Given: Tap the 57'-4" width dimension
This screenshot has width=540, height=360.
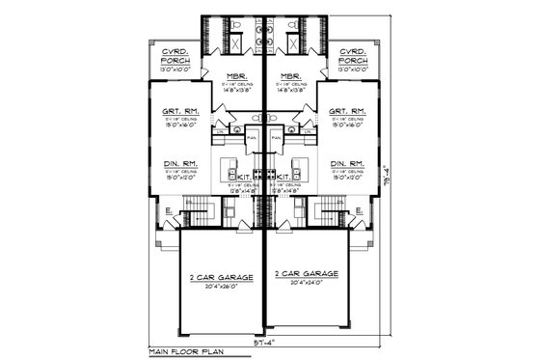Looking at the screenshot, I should point(262,342).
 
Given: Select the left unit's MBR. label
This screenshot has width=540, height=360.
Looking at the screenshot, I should point(235,77).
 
